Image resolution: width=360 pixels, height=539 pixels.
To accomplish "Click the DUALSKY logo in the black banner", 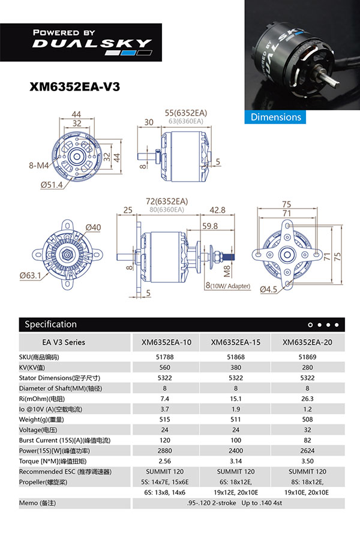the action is coord(92,43).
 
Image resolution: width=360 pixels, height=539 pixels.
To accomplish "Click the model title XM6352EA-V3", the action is coord(74,86).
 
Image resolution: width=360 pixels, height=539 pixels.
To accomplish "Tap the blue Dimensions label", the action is coord(275,117).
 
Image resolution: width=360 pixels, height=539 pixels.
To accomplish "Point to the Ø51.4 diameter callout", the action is coord(52,185).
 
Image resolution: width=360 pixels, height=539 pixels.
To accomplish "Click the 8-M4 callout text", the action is coord(39,165).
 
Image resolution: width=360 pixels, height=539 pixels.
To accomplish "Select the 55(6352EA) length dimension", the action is coord(186,113).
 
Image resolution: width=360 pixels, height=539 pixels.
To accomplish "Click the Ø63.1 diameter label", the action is coord(30,275).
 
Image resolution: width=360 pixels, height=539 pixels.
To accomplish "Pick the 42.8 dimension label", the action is coord(218,210).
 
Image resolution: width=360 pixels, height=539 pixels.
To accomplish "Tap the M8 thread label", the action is coord(227,271).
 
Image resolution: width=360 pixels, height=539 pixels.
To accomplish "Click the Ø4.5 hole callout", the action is coord(268,289).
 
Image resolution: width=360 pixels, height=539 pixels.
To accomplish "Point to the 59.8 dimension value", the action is coord(210,226).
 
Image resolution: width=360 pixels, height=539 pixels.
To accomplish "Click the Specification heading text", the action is coord(50,324).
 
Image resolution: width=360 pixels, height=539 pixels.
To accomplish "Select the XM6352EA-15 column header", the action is coord(236,342).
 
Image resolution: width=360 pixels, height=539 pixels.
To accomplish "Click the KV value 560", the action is coord(165,368).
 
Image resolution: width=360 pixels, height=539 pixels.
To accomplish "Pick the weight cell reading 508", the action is coord(307,419).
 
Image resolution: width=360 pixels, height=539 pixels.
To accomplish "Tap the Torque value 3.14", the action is coord(236,461).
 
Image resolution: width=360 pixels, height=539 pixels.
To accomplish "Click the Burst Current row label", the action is coord(65,440).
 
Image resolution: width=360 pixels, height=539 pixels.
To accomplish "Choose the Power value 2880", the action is coord(165,451).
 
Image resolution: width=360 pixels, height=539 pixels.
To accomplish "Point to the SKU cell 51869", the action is coord(307,357).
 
